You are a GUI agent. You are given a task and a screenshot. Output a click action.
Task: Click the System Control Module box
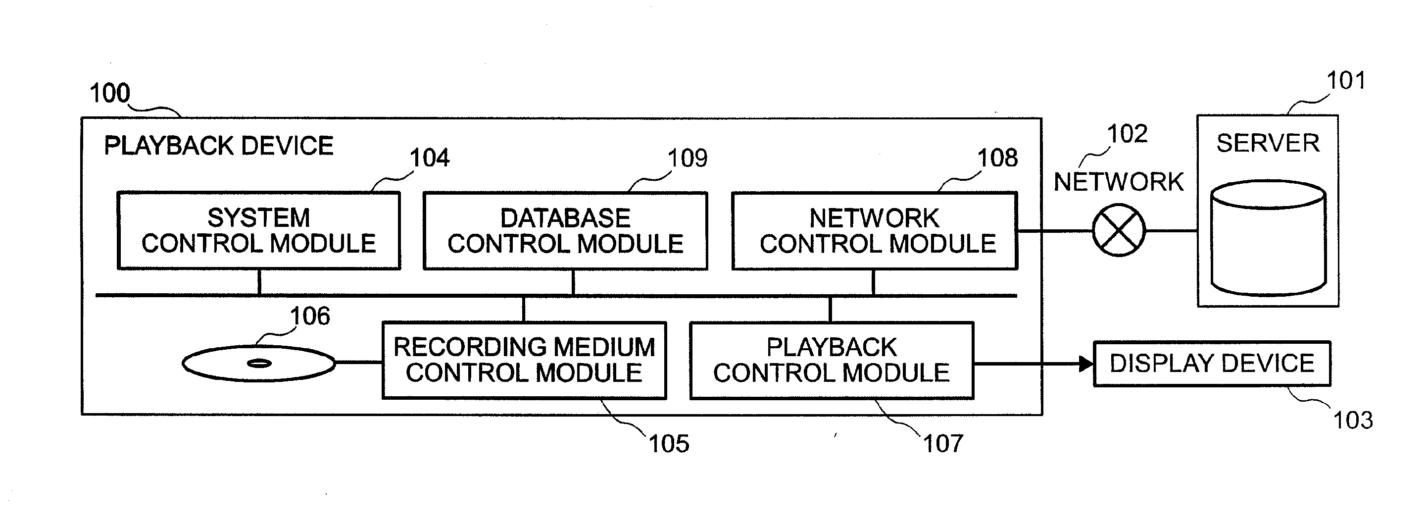pyautogui.click(x=258, y=230)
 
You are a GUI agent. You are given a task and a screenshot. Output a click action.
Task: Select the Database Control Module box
pyautogui.click(x=565, y=231)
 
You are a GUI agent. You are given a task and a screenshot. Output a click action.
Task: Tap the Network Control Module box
pyautogui.click(x=874, y=231)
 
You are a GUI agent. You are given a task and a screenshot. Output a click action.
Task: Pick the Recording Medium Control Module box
pyautogui.click(x=524, y=360)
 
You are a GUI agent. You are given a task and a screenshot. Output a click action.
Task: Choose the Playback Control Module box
pyautogui.click(x=831, y=360)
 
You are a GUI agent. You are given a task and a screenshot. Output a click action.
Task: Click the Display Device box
pyautogui.click(x=1211, y=364)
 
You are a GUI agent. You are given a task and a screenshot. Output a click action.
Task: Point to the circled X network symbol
pyautogui.click(x=1118, y=230)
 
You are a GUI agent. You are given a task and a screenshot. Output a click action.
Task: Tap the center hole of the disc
pyautogui.click(x=259, y=364)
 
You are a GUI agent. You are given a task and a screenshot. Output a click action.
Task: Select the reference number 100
pyautogui.click(x=110, y=93)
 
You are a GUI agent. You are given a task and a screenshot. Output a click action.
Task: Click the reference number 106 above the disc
pyautogui.click(x=310, y=316)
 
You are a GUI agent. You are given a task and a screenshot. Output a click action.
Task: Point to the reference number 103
pyautogui.click(x=1352, y=421)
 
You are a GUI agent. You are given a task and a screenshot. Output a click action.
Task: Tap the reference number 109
pyautogui.click(x=688, y=159)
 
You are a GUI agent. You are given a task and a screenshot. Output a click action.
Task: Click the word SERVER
pyautogui.click(x=1267, y=144)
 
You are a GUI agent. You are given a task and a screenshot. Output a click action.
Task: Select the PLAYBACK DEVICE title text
pyautogui.click(x=218, y=146)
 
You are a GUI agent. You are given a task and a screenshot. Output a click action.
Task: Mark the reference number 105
pyautogui.click(x=669, y=444)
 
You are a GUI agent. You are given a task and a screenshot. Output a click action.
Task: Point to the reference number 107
pyautogui.click(x=942, y=444)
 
